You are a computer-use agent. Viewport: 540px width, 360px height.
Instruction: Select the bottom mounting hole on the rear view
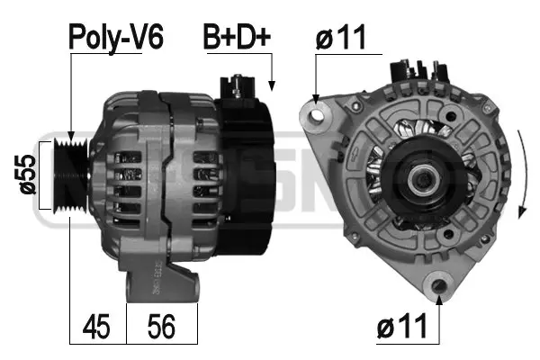438,285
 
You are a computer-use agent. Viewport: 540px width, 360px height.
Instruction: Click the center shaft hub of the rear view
420,180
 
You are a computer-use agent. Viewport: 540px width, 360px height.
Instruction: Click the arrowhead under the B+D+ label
272,86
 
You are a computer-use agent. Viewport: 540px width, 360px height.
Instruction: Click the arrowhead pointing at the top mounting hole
314,96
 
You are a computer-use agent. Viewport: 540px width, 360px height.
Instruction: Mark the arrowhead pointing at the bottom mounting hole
438,299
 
